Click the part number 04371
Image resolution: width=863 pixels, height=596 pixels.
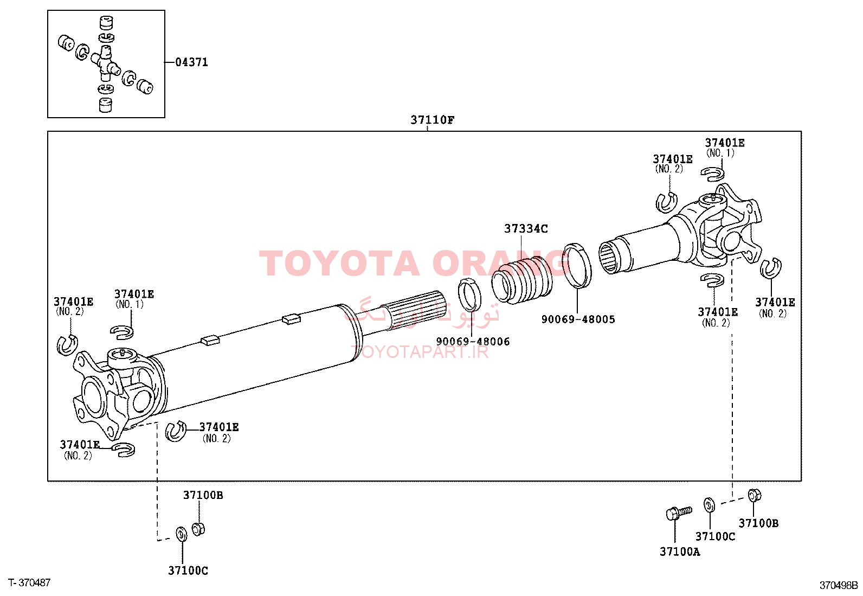(191, 62)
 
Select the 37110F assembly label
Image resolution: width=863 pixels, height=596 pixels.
(432, 120)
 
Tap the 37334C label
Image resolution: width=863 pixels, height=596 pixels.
(526, 229)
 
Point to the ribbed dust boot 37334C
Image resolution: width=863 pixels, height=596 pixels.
(522, 279)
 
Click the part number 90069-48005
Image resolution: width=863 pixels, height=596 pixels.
(578, 319)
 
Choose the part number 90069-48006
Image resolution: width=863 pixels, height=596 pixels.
(473, 342)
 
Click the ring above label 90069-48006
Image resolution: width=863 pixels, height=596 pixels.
(469, 294)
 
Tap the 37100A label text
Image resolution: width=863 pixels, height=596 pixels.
(680, 552)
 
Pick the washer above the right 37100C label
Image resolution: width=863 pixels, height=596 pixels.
(709, 505)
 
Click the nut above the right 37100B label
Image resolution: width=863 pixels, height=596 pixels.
(754, 495)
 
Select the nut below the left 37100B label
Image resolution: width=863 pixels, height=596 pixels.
(198, 529)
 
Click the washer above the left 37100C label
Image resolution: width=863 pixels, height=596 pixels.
(182, 534)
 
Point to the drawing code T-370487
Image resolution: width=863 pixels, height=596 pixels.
(29, 582)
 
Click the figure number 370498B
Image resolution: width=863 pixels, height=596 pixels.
(839, 585)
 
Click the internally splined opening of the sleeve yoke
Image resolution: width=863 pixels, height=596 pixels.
(609, 256)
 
